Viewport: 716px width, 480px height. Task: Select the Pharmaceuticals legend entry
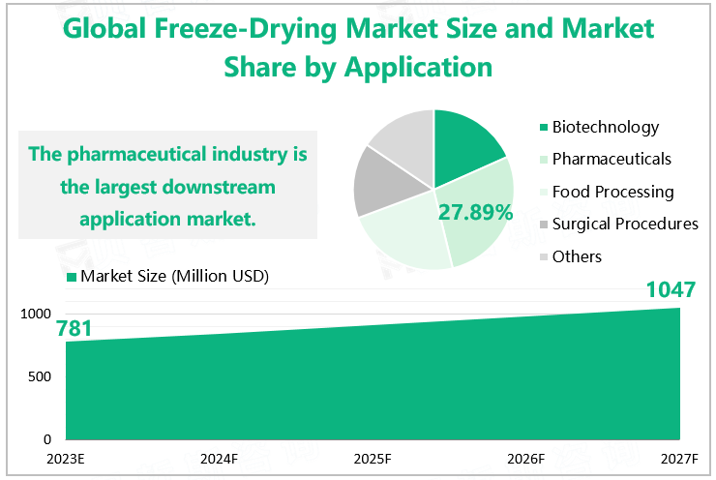click(612, 159)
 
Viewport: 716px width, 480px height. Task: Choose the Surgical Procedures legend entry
click(624, 224)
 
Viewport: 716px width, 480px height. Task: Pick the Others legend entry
click(577, 256)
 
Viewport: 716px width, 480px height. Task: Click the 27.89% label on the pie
click(475, 212)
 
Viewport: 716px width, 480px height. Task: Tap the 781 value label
click(75, 329)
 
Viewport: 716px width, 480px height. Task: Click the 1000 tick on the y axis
click(36, 314)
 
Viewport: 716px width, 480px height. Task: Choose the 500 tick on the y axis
click(41, 375)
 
